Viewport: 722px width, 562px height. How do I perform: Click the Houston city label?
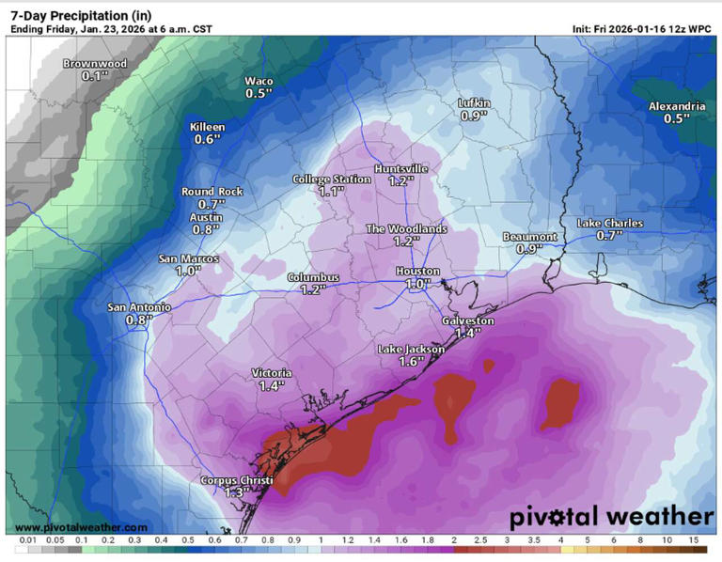[x=417, y=272]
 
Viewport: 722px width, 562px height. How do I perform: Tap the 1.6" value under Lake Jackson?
[x=410, y=362]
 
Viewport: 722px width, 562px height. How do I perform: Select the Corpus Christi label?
[x=237, y=480]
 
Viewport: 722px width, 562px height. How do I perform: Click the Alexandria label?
[x=676, y=106]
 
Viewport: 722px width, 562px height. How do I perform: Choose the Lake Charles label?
[x=609, y=223]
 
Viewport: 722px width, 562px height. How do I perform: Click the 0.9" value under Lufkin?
[x=473, y=116]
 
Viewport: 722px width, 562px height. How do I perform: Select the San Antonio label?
[x=139, y=307]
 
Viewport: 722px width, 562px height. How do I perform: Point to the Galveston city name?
[x=467, y=320]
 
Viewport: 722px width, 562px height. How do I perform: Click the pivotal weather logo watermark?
[x=611, y=517]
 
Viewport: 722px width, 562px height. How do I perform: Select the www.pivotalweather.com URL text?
[x=81, y=528]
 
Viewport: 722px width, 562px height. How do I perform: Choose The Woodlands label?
[x=405, y=228]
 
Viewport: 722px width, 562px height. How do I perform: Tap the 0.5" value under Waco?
[x=259, y=93]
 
